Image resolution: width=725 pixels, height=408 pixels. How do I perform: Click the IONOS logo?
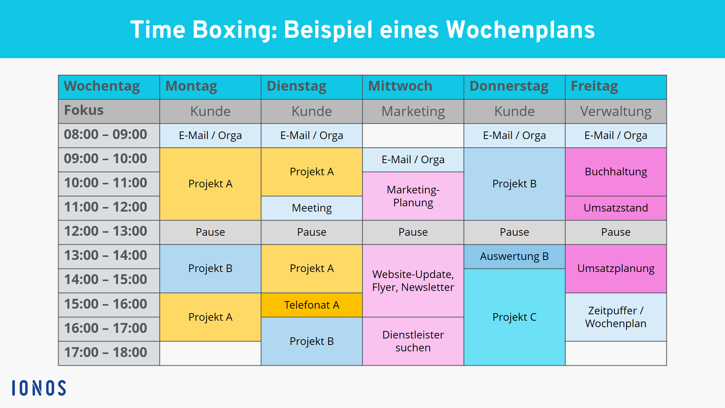click(39, 388)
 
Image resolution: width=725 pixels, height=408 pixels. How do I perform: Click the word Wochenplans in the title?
click(520, 30)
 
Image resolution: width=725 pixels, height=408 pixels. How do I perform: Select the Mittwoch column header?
click(413, 87)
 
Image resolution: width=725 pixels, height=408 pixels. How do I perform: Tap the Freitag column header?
click(616, 87)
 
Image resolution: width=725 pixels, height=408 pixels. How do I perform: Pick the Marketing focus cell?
click(413, 111)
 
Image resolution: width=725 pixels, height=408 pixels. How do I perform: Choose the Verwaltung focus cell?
click(616, 111)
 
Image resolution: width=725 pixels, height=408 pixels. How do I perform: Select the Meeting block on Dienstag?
click(312, 208)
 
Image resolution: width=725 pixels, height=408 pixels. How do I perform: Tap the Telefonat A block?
click(312, 305)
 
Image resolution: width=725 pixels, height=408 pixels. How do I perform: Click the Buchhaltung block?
click(616, 172)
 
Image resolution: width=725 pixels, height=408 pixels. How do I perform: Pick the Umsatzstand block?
click(616, 208)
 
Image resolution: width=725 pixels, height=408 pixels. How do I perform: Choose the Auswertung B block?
click(514, 257)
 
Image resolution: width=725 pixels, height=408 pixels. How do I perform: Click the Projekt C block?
click(514, 317)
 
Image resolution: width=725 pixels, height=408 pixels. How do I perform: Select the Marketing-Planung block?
click(413, 196)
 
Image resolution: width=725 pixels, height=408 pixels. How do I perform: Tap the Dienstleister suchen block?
click(413, 341)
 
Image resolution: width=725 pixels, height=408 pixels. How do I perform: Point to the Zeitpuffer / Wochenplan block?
click(616, 317)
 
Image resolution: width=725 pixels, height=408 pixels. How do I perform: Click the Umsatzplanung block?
click(616, 269)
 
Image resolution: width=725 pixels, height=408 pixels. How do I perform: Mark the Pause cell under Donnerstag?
click(514, 232)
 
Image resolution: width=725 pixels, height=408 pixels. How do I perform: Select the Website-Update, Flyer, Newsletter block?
click(413, 281)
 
